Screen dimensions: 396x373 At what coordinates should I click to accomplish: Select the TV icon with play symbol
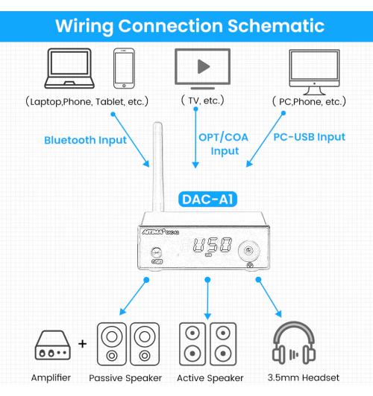tap(202, 68)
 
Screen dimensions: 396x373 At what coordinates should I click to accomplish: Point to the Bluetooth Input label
tap(85, 140)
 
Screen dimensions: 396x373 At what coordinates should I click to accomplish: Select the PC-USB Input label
tap(309, 137)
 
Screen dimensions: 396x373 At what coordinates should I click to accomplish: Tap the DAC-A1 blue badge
tap(208, 199)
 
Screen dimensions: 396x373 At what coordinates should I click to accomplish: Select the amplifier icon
tap(52, 345)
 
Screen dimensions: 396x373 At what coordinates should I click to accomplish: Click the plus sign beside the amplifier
tap(82, 345)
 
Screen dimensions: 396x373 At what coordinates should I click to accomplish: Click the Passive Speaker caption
tap(125, 378)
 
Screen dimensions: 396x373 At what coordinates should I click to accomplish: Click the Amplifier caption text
tap(51, 378)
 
